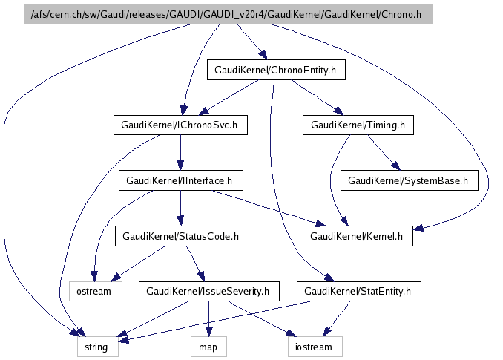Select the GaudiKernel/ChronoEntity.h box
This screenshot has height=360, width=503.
(x=275, y=71)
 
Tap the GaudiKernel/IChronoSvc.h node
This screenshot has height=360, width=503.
(x=180, y=125)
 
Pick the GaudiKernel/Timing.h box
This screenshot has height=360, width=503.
(x=358, y=125)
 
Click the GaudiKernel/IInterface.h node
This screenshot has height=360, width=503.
(x=180, y=180)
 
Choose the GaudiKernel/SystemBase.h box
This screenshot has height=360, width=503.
(x=408, y=180)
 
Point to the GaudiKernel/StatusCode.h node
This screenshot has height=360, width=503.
(x=181, y=236)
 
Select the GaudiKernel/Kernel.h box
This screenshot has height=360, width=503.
(x=358, y=236)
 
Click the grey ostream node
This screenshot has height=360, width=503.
(x=94, y=291)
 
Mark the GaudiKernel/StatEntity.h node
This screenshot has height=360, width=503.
(x=358, y=291)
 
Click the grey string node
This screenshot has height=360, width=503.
(x=96, y=347)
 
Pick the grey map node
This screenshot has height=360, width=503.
(x=208, y=347)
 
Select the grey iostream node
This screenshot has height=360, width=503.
(x=315, y=347)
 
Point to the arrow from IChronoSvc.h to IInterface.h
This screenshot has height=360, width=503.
(x=180, y=153)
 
